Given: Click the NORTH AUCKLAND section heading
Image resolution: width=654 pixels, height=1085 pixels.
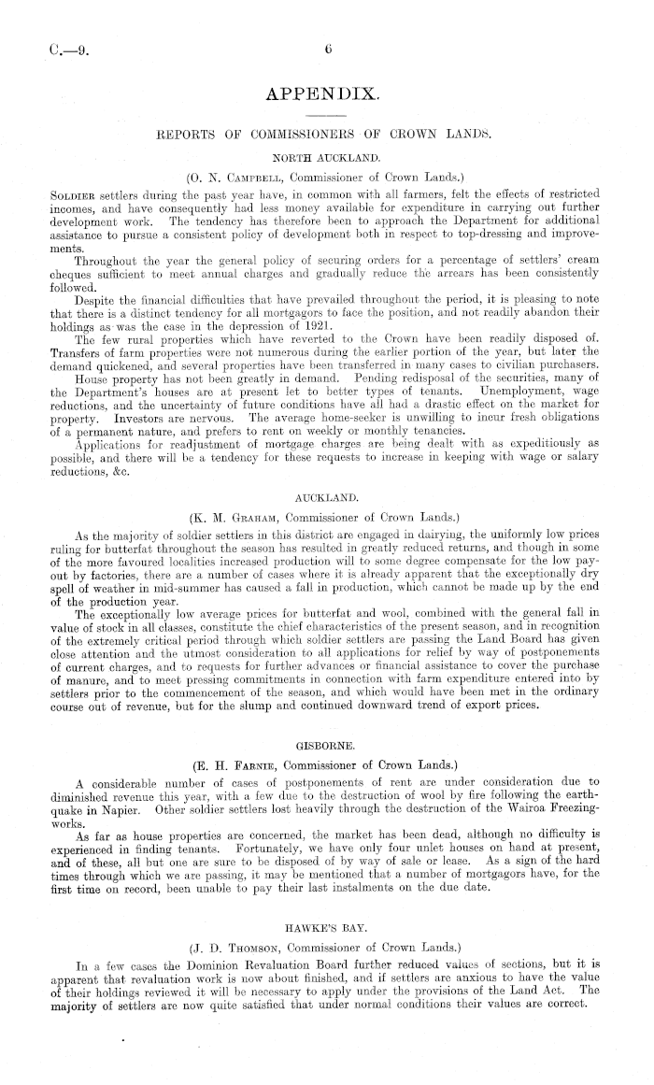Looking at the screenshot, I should (323, 157).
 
